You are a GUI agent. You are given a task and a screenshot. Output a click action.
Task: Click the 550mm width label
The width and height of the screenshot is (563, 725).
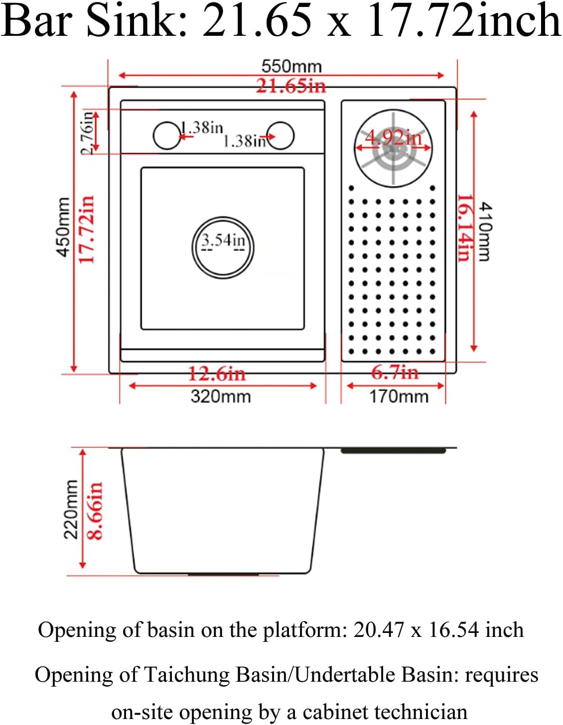291,66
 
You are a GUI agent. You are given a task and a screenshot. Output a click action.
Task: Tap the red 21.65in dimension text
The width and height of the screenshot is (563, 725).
291,86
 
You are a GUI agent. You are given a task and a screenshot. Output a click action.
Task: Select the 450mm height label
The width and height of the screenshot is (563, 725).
63,227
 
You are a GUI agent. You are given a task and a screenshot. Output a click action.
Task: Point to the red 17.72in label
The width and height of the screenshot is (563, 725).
87,229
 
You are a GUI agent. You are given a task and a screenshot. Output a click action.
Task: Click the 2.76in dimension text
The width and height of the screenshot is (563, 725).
87,132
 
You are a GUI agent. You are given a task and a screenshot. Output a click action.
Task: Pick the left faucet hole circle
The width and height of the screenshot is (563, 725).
166,135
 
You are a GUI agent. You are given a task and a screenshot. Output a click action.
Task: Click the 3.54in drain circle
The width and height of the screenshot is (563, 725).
223,247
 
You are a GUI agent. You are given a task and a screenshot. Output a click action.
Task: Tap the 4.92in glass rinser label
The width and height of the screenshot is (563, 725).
393,137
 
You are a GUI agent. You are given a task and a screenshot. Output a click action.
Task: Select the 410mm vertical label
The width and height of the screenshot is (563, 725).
484,231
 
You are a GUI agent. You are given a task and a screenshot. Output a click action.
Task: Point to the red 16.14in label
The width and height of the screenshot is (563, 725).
464,227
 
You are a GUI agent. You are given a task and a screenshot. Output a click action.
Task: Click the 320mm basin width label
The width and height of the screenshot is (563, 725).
221,397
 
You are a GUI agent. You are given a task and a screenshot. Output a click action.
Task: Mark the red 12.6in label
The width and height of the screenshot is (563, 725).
217,374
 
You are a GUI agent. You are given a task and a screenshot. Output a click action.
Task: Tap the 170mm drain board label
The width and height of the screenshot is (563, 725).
399,397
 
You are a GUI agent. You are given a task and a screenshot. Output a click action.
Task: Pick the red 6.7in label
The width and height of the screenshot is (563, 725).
395,372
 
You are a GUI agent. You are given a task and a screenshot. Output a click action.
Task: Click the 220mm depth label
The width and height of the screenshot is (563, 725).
71,510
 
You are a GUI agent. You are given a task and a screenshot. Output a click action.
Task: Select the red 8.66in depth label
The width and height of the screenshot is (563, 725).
95,511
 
